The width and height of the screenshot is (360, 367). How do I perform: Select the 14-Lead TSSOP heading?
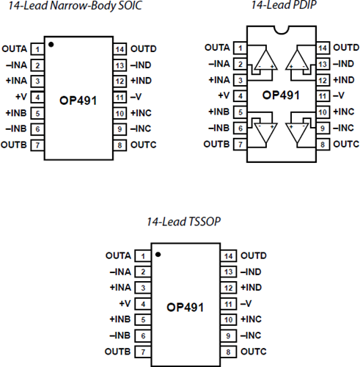click(182, 220)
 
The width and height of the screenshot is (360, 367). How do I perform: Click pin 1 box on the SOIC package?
click(35, 48)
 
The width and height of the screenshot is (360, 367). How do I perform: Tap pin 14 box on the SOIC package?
click(120, 48)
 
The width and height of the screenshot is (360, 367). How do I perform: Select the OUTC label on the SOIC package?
click(143, 145)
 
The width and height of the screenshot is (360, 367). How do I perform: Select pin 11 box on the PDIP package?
click(321, 96)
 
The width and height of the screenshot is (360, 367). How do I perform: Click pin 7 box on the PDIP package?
click(239, 145)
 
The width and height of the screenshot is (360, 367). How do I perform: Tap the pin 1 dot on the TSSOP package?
click(158, 256)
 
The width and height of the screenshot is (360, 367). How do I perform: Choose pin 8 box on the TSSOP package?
click(229, 352)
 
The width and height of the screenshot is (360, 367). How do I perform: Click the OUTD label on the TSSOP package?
click(253, 256)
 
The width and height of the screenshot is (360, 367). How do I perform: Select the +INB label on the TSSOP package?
click(119, 319)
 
